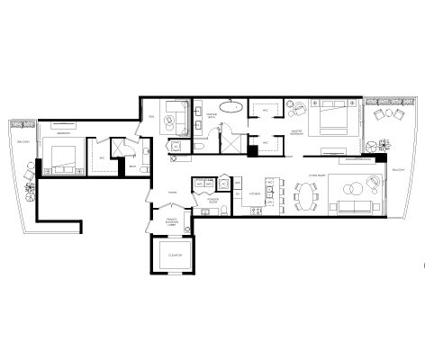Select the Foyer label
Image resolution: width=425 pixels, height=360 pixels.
[171, 191]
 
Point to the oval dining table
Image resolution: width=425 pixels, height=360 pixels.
[307, 192]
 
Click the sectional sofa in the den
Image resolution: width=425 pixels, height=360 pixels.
[176, 117]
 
